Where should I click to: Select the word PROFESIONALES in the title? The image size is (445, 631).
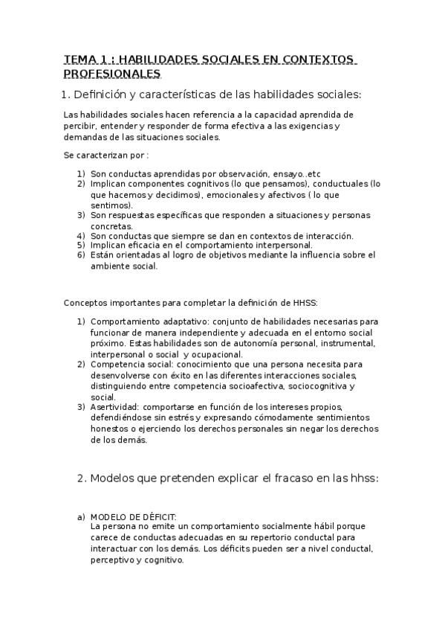111,74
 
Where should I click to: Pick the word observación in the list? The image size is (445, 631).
224,173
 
